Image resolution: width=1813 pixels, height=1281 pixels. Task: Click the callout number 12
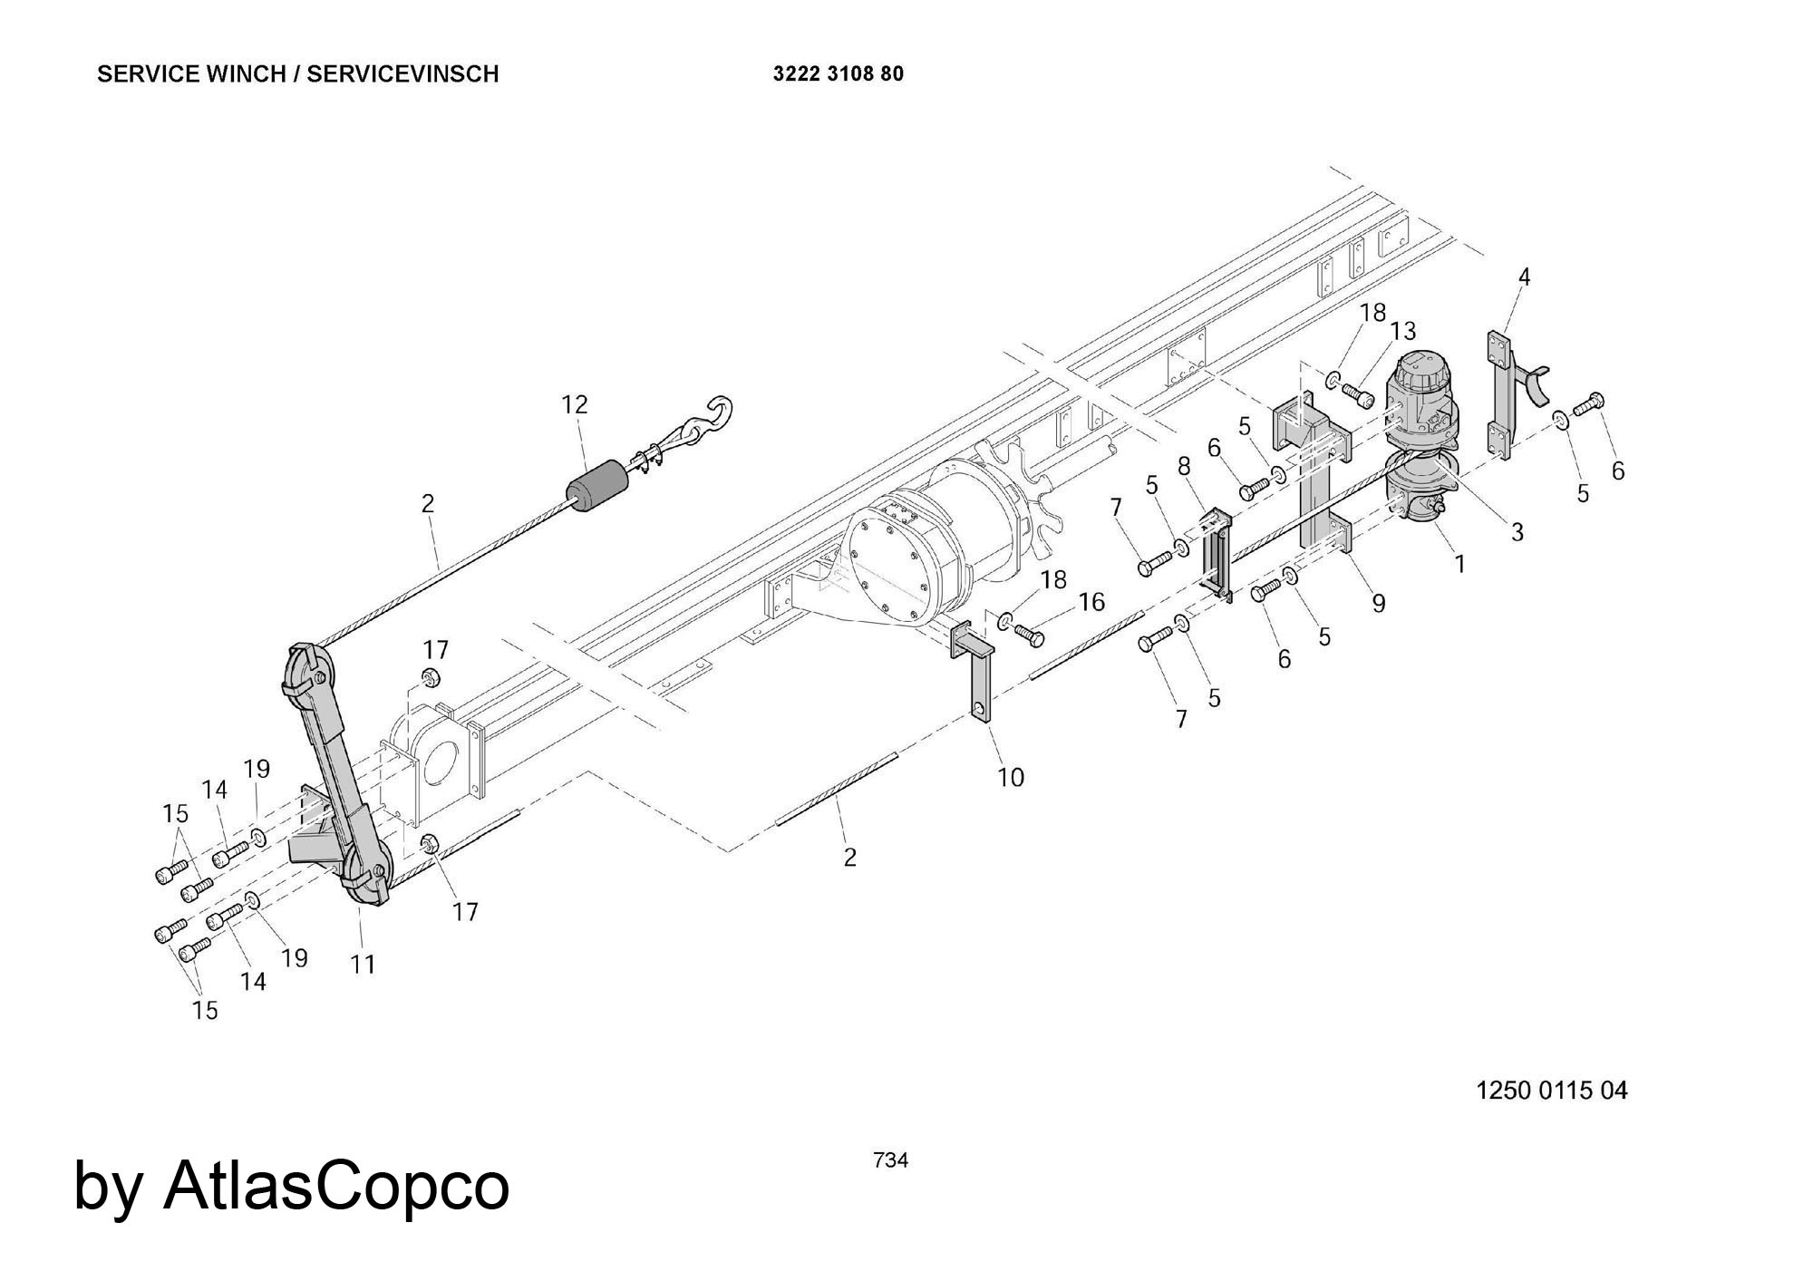[x=575, y=404]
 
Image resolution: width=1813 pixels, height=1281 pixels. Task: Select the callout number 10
[x=1010, y=777]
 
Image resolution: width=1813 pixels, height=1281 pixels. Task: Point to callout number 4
[x=1524, y=277]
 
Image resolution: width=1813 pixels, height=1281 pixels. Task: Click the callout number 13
[x=1402, y=332]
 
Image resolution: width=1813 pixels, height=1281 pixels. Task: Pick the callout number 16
[x=1091, y=602]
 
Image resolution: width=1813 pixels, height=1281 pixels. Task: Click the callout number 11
[x=363, y=965]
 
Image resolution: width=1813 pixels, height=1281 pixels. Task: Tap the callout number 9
[x=1378, y=603]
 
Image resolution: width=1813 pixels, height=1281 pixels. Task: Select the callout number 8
[x=1184, y=467]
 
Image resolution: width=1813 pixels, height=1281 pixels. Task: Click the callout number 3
[x=1517, y=532]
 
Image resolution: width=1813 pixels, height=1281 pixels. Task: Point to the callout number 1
[x=1459, y=564]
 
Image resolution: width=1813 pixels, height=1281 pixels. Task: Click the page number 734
[x=890, y=1160]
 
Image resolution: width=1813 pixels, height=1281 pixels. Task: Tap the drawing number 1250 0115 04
[x=1551, y=1090]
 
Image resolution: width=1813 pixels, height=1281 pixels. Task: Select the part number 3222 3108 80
[x=838, y=74]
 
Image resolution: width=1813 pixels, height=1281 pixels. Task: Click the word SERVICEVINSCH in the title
[x=402, y=74]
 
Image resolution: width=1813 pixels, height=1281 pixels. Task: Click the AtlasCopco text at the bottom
[x=335, y=1185]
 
